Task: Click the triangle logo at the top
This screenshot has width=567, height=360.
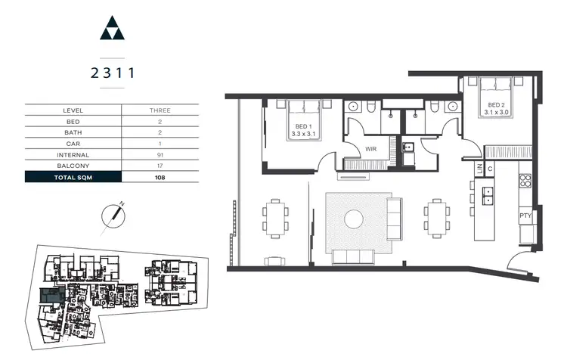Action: (112, 29)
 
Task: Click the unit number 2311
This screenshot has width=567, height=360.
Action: (112, 73)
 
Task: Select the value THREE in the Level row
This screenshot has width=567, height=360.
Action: (160, 110)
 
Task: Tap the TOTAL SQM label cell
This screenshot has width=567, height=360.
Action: (73, 178)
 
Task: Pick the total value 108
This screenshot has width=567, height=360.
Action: (160, 178)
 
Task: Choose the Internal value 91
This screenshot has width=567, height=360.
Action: (160, 154)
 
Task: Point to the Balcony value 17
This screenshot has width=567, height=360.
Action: (160, 165)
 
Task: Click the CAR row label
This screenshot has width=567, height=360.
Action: (73, 143)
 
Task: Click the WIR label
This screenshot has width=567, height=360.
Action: (370, 149)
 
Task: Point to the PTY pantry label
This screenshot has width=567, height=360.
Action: (525, 216)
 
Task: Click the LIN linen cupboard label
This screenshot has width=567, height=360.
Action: (479, 169)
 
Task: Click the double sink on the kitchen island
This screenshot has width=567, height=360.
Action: (488, 194)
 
